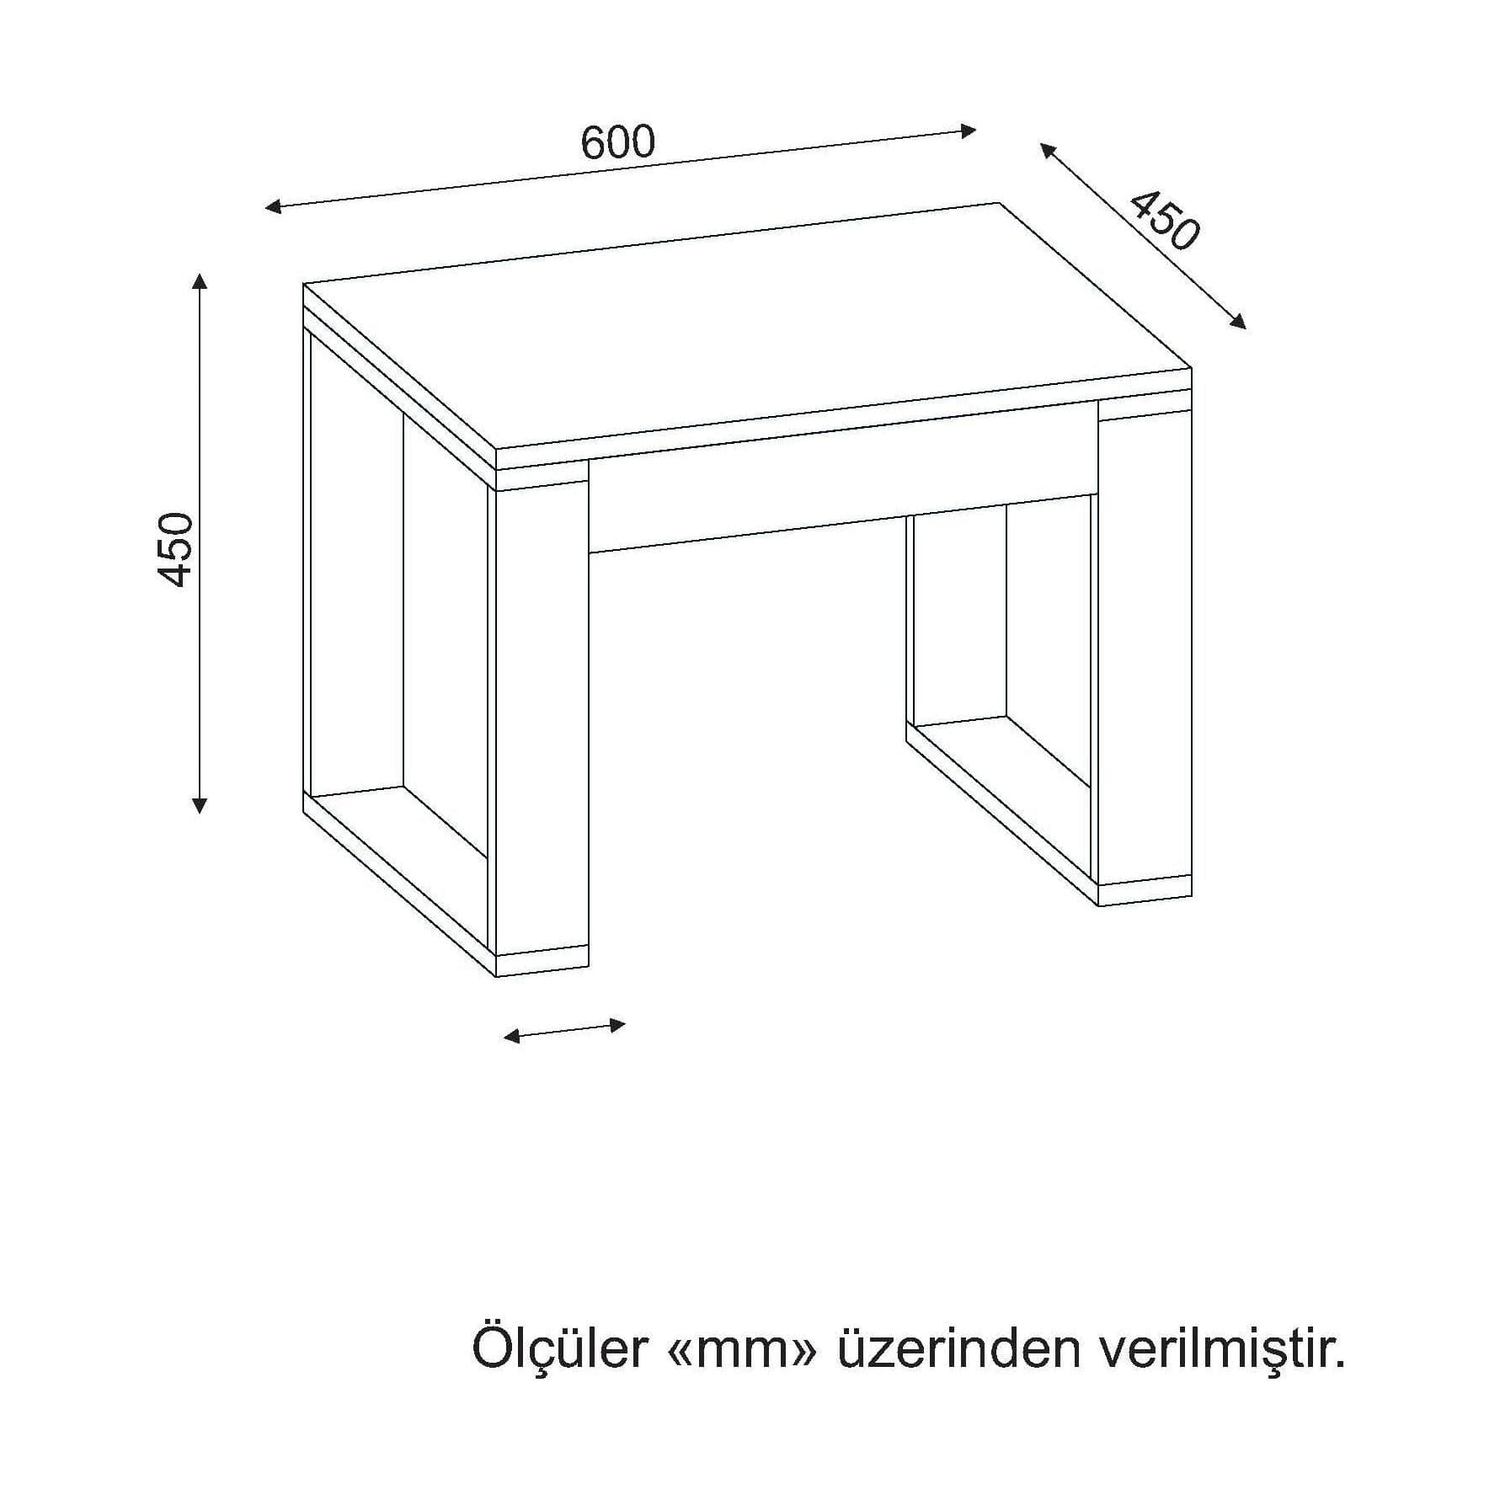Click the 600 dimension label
pos(617,142)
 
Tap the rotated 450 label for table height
pos(177,548)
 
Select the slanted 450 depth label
pos(1164,221)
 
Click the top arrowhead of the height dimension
pos(200,281)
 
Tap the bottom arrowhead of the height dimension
pos(200,805)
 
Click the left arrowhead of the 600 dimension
pos(273,206)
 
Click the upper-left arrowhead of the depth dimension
pos(1048,151)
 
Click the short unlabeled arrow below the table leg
pos(564,1031)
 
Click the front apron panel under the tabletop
pos(842,485)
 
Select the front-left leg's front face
pos(542,722)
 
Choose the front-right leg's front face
pos(1145,649)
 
